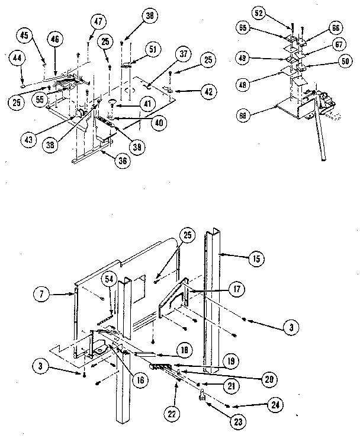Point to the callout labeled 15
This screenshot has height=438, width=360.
pos(257,259)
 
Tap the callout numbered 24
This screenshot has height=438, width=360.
pos(274,405)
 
